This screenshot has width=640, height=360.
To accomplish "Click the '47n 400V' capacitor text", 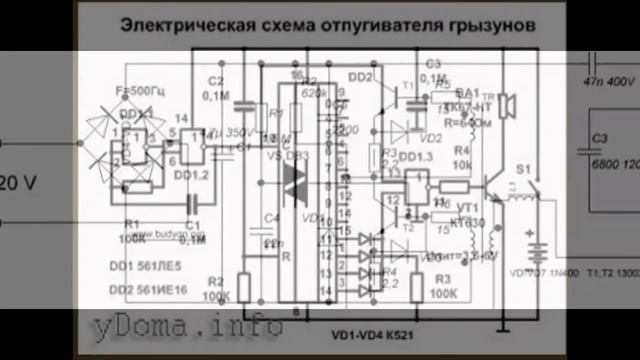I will [x=609, y=77].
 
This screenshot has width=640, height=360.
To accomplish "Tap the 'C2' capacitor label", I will [x=215, y=81].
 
